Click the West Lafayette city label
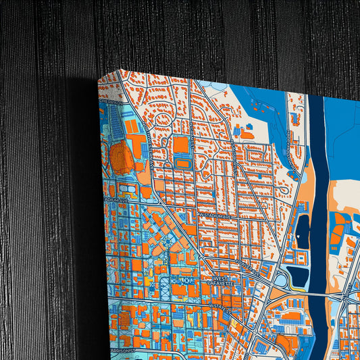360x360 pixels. [222, 281]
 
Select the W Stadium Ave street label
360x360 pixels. [212, 215]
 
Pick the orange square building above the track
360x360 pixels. [181, 145]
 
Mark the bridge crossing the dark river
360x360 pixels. [317, 294]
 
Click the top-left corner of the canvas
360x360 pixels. [99, 79]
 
